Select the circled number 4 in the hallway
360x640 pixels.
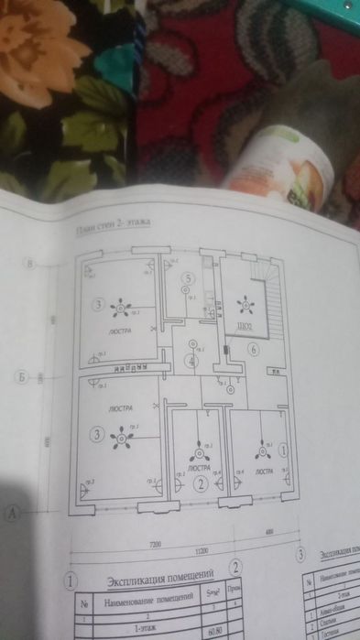tap(190, 361)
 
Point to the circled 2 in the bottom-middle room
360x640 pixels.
tap(200, 484)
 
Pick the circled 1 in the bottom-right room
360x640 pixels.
tap(283, 450)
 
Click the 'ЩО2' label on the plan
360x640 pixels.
tap(245, 326)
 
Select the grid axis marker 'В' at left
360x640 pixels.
tap(30, 266)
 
